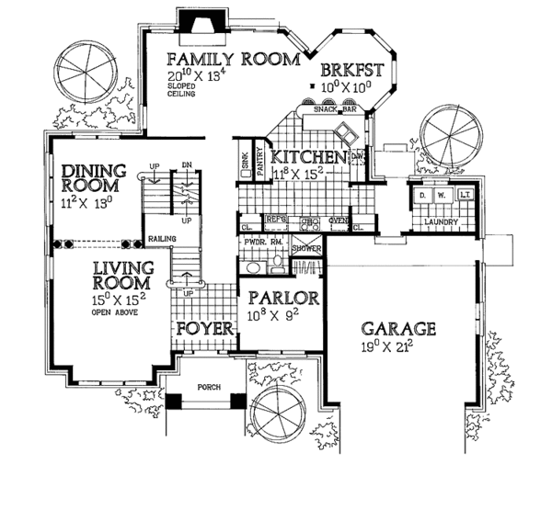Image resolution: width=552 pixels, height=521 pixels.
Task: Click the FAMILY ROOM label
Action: pyautogui.click(x=235, y=60)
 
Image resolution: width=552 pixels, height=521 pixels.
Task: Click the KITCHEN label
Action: pyautogui.click(x=309, y=158)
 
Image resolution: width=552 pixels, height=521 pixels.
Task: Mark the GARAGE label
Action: pyautogui.click(x=397, y=330)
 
